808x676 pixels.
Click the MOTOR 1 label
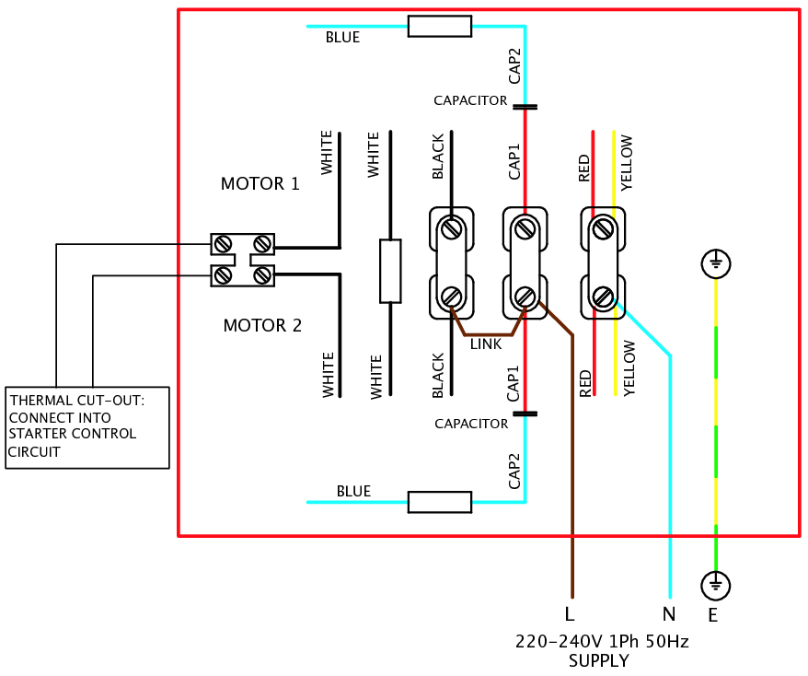pyautogui.click(x=260, y=184)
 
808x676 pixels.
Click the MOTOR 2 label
pyautogui.click(x=262, y=326)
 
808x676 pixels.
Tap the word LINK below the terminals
pyautogui.click(x=486, y=344)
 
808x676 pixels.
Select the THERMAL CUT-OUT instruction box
pyautogui.click(x=87, y=427)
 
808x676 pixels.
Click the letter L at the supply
pyautogui.click(x=570, y=614)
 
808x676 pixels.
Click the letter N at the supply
pyautogui.click(x=669, y=614)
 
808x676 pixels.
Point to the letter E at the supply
pyautogui.click(x=713, y=614)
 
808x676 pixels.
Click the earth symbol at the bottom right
pyautogui.click(x=715, y=584)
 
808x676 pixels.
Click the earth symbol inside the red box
pyautogui.click(x=715, y=265)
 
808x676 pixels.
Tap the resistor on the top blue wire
pyautogui.click(x=440, y=26)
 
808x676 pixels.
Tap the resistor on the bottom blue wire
pyautogui.click(x=440, y=502)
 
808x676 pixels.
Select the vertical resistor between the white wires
pyautogui.click(x=390, y=271)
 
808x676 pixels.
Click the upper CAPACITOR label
pyautogui.click(x=470, y=100)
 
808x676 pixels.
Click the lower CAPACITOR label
pyautogui.click(x=471, y=424)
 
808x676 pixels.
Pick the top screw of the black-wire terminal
pyautogui.click(x=452, y=227)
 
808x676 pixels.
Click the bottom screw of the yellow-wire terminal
pyautogui.click(x=603, y=297)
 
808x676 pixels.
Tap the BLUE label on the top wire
pyautogui.click(x=342, y=39)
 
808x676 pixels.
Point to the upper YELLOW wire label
pyautogui.click(x=627, y=162)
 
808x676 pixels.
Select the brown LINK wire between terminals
pyautogui.click(x=488, y=332)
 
